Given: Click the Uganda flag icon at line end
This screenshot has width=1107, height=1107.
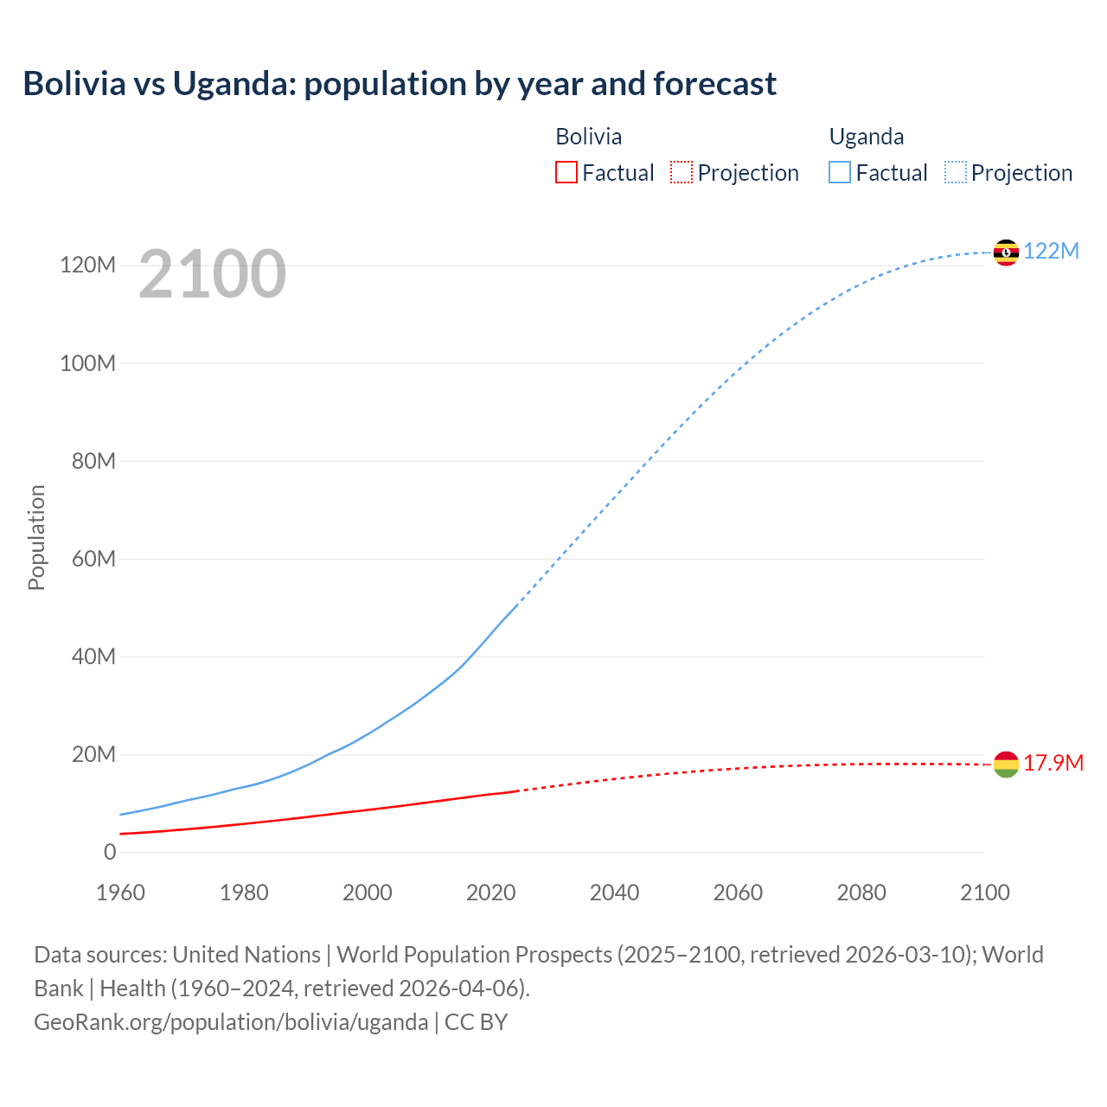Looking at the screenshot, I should click(1006, 253).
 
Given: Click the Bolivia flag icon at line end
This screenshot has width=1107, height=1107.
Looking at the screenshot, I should click(1006, 765).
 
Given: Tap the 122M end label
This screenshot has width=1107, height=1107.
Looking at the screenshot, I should click(1051, 251).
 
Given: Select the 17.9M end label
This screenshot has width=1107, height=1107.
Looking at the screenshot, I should click(1053, 763).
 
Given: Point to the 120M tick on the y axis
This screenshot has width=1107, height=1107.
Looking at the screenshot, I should click(87, 265).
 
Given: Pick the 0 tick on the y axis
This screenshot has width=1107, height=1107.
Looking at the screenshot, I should click(110, 852).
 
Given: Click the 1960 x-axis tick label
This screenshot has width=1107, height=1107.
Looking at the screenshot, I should click(120, 893).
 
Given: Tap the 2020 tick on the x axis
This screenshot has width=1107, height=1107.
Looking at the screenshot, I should click(490, 893).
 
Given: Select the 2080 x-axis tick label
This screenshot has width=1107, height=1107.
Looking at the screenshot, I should click(861, 893).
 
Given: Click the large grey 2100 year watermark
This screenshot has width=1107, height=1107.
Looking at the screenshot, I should click(212, 273).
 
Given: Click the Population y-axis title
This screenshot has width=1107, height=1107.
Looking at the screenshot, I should click(36, 537).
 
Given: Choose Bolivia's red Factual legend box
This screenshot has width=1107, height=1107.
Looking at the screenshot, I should click(566, 172).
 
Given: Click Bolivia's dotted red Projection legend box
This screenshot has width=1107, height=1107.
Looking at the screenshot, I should click(681, 172).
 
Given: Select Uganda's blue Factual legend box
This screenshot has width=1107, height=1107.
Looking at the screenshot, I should click(839, 172).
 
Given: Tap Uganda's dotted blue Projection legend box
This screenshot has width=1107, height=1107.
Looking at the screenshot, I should click(955, 172).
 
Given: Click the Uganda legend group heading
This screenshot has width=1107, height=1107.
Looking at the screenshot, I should click(866, 137).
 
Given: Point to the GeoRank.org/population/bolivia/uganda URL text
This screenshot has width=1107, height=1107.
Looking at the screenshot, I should click(231, 1021).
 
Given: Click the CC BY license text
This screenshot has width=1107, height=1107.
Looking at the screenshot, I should click(476, 1021).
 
